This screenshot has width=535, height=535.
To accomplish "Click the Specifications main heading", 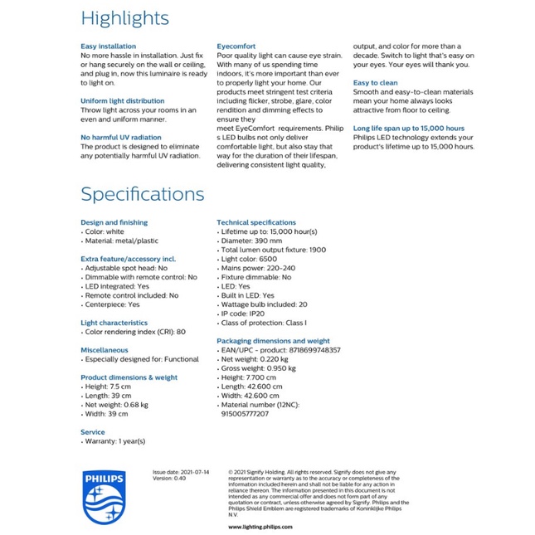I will click(x=142, y=194).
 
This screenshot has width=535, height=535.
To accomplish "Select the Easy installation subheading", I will click(x=109, y=46).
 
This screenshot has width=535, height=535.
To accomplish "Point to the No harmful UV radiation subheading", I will click(x=120, y=137).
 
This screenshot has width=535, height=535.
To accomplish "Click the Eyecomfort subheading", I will click(x=236, y=46).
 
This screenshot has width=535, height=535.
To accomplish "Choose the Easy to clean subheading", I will click(x=376, y=83).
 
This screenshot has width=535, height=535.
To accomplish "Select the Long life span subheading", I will click(x=409, y=129).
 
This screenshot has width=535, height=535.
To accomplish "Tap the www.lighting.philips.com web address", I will click(x=260, y=526).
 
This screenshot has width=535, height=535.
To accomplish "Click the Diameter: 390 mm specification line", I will click(x=250, y=241).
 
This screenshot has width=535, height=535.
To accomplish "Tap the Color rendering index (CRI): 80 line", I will click(x=134, y=332).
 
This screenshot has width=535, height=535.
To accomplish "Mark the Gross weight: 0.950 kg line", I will click(x=260, y=368).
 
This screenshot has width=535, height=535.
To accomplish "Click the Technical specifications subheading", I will click(x=256, y=222).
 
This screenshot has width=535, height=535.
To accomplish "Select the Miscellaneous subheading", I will click(x=105, y=350).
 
